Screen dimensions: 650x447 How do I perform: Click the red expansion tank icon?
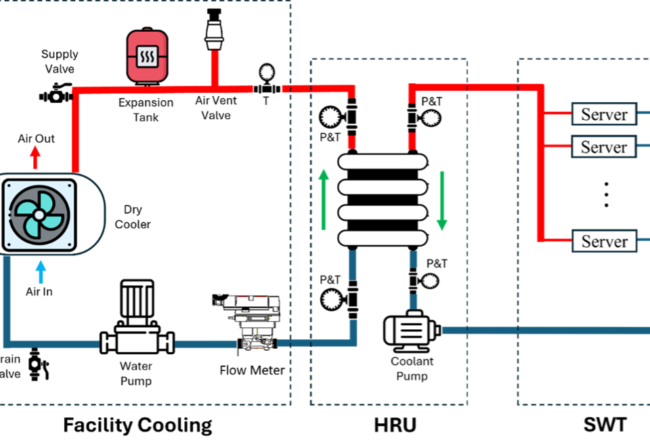pos(147,56)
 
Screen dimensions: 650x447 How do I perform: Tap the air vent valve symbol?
pos(215,29)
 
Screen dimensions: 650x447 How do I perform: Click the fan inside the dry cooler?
pos(39,215)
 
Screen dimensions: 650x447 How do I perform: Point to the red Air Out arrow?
pos(35,158)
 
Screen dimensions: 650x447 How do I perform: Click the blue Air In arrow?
pos(41,272)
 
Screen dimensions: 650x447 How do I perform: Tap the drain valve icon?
pos(38,365)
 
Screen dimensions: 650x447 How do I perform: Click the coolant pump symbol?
pos(411,331)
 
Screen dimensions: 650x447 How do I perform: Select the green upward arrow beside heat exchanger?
pos(324,199)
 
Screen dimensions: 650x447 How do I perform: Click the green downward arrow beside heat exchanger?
pos(442,200)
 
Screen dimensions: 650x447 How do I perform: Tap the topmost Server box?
pos(604,114)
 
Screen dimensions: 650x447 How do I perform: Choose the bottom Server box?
pos(604,241)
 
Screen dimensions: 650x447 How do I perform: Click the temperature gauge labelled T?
pos(267,79)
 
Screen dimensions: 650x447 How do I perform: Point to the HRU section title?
pos(395,425)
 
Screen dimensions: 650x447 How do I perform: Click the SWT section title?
pos(605,425)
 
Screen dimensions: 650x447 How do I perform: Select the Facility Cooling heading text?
pos(137,426)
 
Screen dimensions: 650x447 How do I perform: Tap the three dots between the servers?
pos(607,194)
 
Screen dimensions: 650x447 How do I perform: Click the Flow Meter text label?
pos(252,370)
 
